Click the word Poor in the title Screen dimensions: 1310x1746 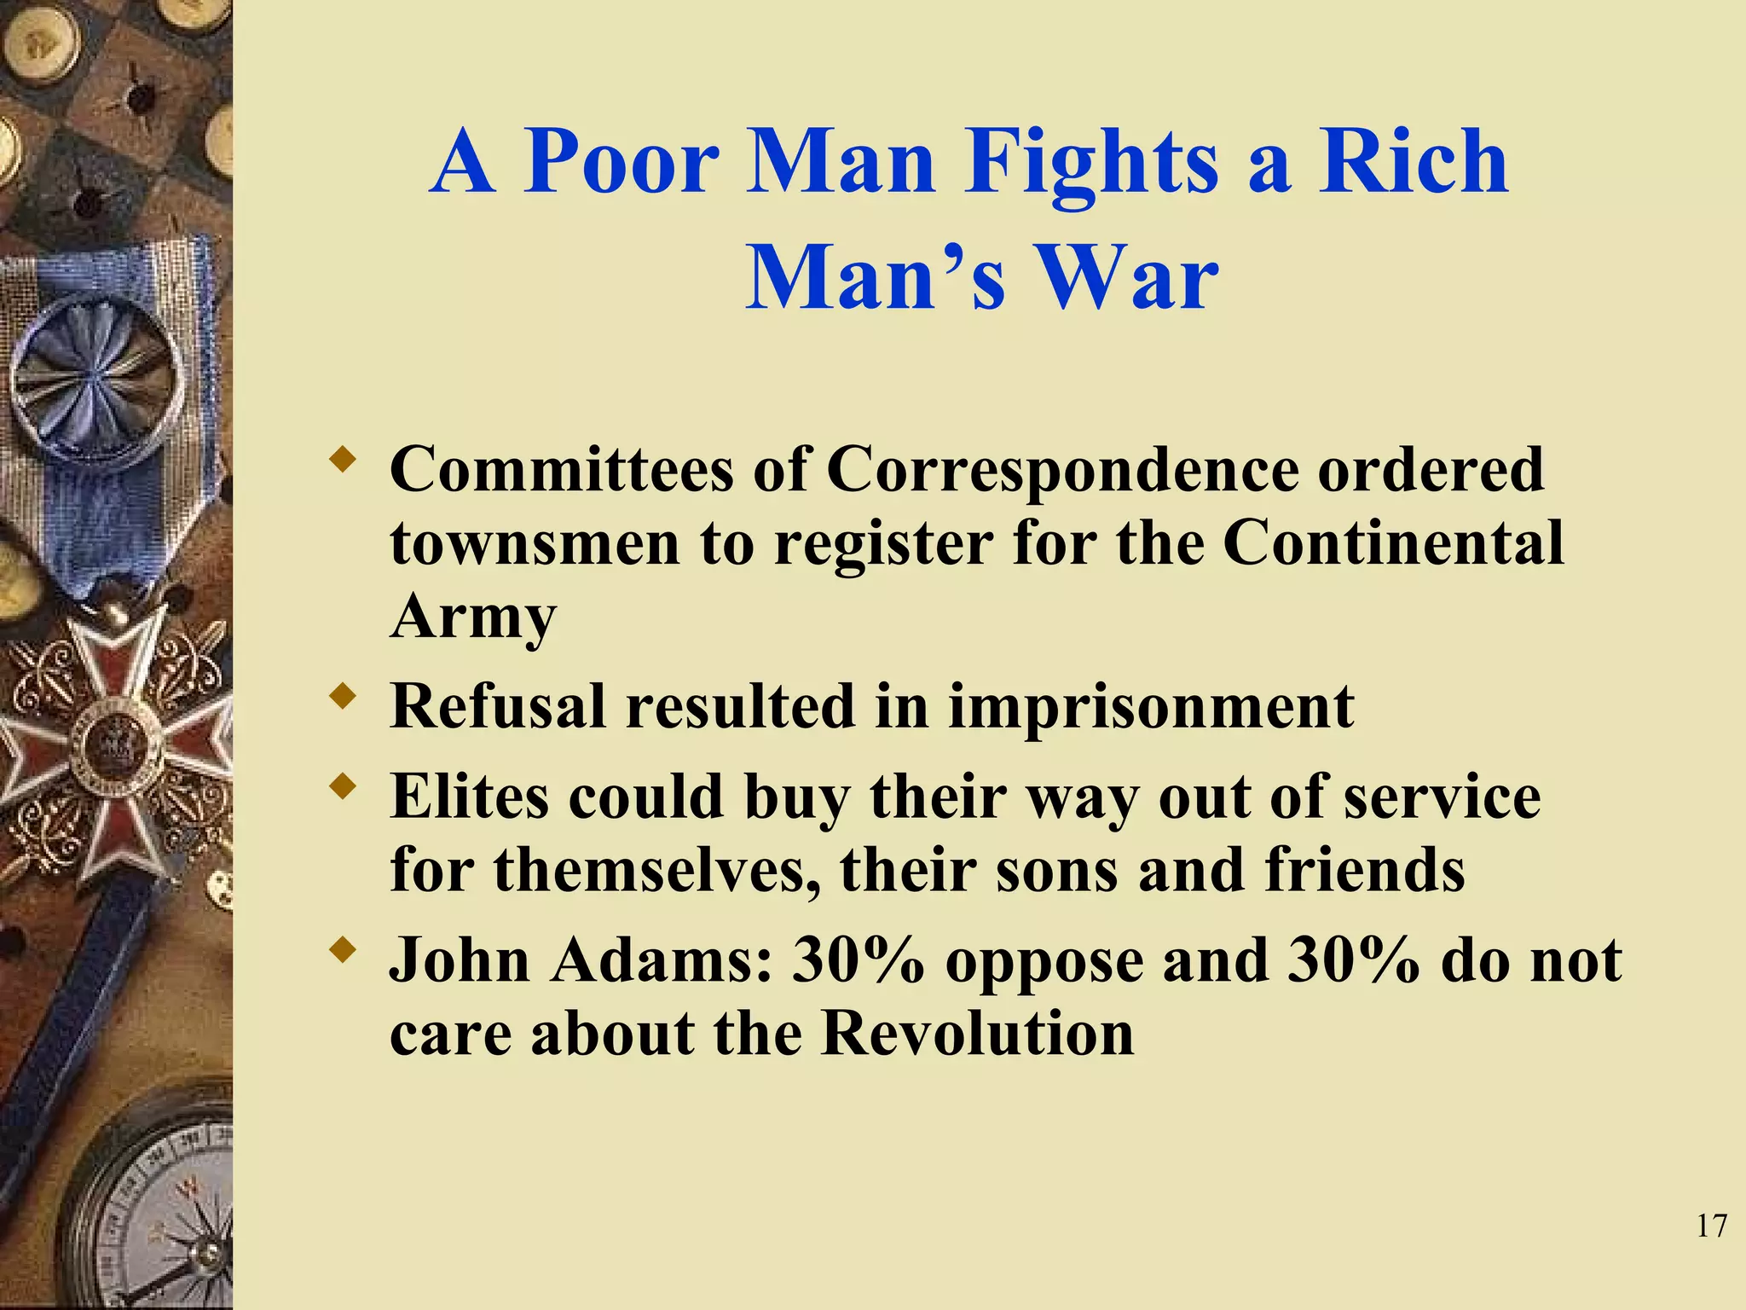pos(621,162)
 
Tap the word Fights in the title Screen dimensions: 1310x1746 pos(1093,162)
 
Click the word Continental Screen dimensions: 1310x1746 pos(1393,543)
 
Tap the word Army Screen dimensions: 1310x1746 pos(473,618)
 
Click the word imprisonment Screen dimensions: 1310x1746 pos(1151,708)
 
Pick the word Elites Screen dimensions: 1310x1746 pos(471,797)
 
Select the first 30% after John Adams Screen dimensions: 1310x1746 pos(858,960)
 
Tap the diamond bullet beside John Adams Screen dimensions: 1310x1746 pos(344,950)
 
